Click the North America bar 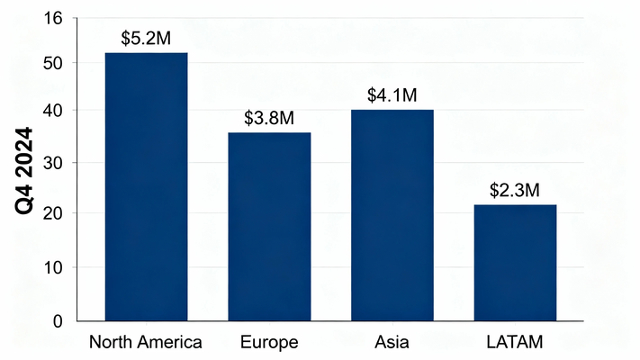[147, 186]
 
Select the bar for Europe [269, 226]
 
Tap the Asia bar [392, 214]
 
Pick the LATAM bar [515, 262]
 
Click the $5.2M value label [146, 39]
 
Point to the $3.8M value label [269, 119]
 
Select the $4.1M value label [392, 95]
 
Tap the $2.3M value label [515, 191]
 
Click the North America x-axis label [147, 342]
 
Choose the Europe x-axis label [269, 342]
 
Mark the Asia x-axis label [392, 342]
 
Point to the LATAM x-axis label [515, 342]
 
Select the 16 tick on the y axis [53, 18]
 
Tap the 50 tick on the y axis [53, 63]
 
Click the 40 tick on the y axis [53, 111]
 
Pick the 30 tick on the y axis [53, 163]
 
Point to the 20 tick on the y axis [53, 213]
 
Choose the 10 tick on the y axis [53, 267]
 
